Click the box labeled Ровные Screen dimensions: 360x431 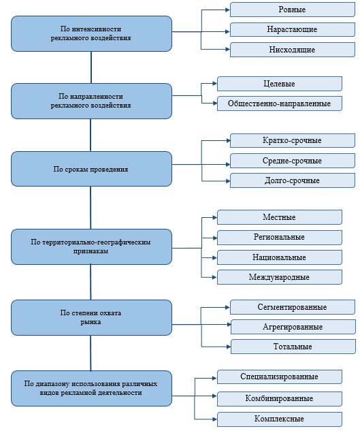tap(293, 10)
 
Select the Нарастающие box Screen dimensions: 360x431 tap(293, 29)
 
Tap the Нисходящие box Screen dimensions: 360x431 tap(293, 50)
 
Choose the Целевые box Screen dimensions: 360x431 tap(280, 84)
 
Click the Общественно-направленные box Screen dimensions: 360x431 tap(280, 103)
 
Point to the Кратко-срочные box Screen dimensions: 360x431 tap(293, 140)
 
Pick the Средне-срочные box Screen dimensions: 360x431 tap(293, 161)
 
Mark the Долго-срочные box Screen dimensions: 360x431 tap(293, 180)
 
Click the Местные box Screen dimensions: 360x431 tap(280, 217)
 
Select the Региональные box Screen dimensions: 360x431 tap(280, 237)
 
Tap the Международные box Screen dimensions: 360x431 tap(280, 277)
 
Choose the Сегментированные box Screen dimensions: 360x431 tap(293, 307)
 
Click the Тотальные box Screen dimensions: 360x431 tap(293, 347)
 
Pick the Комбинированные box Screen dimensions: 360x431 tap(280, 398)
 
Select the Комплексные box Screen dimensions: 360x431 tap(280, 419)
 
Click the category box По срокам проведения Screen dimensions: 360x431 tap(91, 169)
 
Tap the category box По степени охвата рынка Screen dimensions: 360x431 tap(91, 317)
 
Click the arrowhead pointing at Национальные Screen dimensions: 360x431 tap(214, 257)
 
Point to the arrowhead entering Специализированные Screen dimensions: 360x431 tap(214, 378)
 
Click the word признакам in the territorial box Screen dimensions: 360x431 tap(91, 251)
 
